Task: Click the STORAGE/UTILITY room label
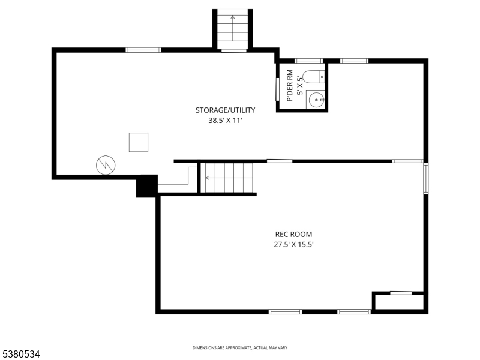(225, 110)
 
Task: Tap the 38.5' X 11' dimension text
(225, 120)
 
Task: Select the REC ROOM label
(293, 234)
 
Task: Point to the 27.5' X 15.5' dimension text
(293, 244)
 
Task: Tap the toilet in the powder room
(314, 77)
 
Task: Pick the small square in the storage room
(138, 142)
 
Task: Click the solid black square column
(146, 185)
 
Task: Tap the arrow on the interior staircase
(208, 178)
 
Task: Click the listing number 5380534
(21, 355)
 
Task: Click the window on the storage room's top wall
(143, 50)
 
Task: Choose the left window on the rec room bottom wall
(285, 311)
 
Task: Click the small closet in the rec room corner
(399, 302)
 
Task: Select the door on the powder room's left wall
(277, 89)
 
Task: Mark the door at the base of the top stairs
(233, 51)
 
